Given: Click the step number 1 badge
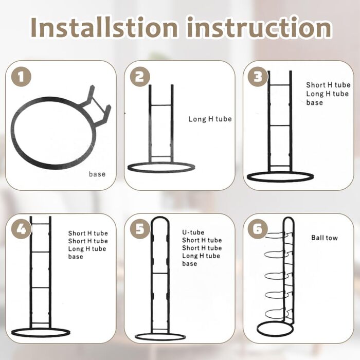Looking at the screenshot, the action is coord(21,77).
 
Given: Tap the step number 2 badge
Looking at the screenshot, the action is coord(140,77).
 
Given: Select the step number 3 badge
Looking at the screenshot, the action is coord(258,77).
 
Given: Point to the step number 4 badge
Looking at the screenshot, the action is coord(21,229).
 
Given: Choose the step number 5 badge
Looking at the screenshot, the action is coord(140,229).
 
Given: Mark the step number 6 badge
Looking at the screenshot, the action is coord(258,229).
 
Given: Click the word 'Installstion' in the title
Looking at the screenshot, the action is coord(104,27).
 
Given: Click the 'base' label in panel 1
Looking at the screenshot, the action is coord(97,174).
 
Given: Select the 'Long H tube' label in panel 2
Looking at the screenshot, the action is coord(210,119).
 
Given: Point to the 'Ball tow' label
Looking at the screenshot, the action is coord(325,238).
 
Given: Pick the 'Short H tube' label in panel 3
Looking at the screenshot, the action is coord(328,85).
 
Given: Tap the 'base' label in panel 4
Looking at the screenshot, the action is coord(76,257).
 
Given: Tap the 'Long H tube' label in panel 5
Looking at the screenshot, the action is coord(201,256).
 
